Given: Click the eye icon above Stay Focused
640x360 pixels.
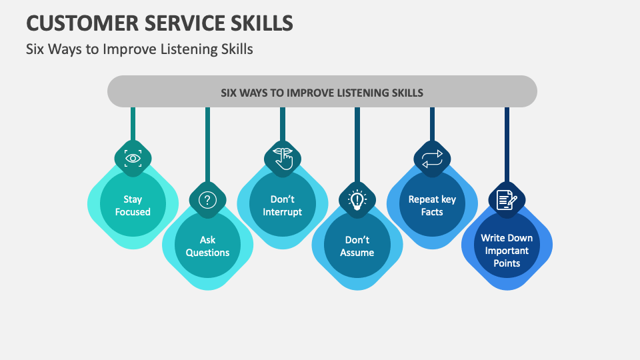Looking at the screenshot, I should (x=133, y=158).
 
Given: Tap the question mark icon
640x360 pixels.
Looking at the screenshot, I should (x=207, y=199).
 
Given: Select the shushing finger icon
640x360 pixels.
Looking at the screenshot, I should (x=283, y=158).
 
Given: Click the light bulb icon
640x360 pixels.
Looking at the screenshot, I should (x=357, y=199).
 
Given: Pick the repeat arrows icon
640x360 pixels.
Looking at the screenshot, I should (x=432, y=159).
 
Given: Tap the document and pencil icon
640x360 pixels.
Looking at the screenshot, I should (x=507, y=199).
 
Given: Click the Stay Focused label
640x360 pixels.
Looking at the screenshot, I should (x=133, y=205).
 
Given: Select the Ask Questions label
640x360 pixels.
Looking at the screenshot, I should (x=207, y=246).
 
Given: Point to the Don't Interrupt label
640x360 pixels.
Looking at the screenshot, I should (x=283, y=205).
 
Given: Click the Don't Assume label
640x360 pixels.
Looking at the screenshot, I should (x=357, y=246).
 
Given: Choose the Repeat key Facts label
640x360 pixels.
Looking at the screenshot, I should (x=432, y=205).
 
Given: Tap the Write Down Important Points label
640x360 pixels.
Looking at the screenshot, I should (x=507, y=251).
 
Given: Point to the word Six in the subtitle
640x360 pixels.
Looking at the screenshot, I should (x=36, y=49).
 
